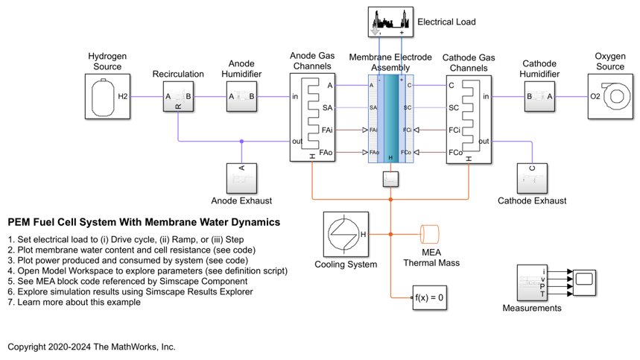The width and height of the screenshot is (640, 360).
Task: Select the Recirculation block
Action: (x=178, y=97)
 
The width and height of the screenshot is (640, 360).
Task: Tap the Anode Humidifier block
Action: (x=242, y=96)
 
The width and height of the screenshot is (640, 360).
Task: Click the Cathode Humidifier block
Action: (x=539, y=96)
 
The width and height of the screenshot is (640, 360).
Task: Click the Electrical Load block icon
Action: (x=391, y=22)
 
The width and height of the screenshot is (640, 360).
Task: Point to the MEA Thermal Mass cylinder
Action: (x=431, y=234)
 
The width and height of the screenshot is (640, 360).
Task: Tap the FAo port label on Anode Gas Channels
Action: (x=326, y=152)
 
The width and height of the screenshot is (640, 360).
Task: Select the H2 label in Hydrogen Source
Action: (x=124, y=96)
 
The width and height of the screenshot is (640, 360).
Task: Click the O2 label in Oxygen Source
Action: (x=595, y=96)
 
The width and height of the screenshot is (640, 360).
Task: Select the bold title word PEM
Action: (x=19, y=222)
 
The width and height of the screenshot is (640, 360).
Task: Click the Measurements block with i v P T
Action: (x=533, y=282)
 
